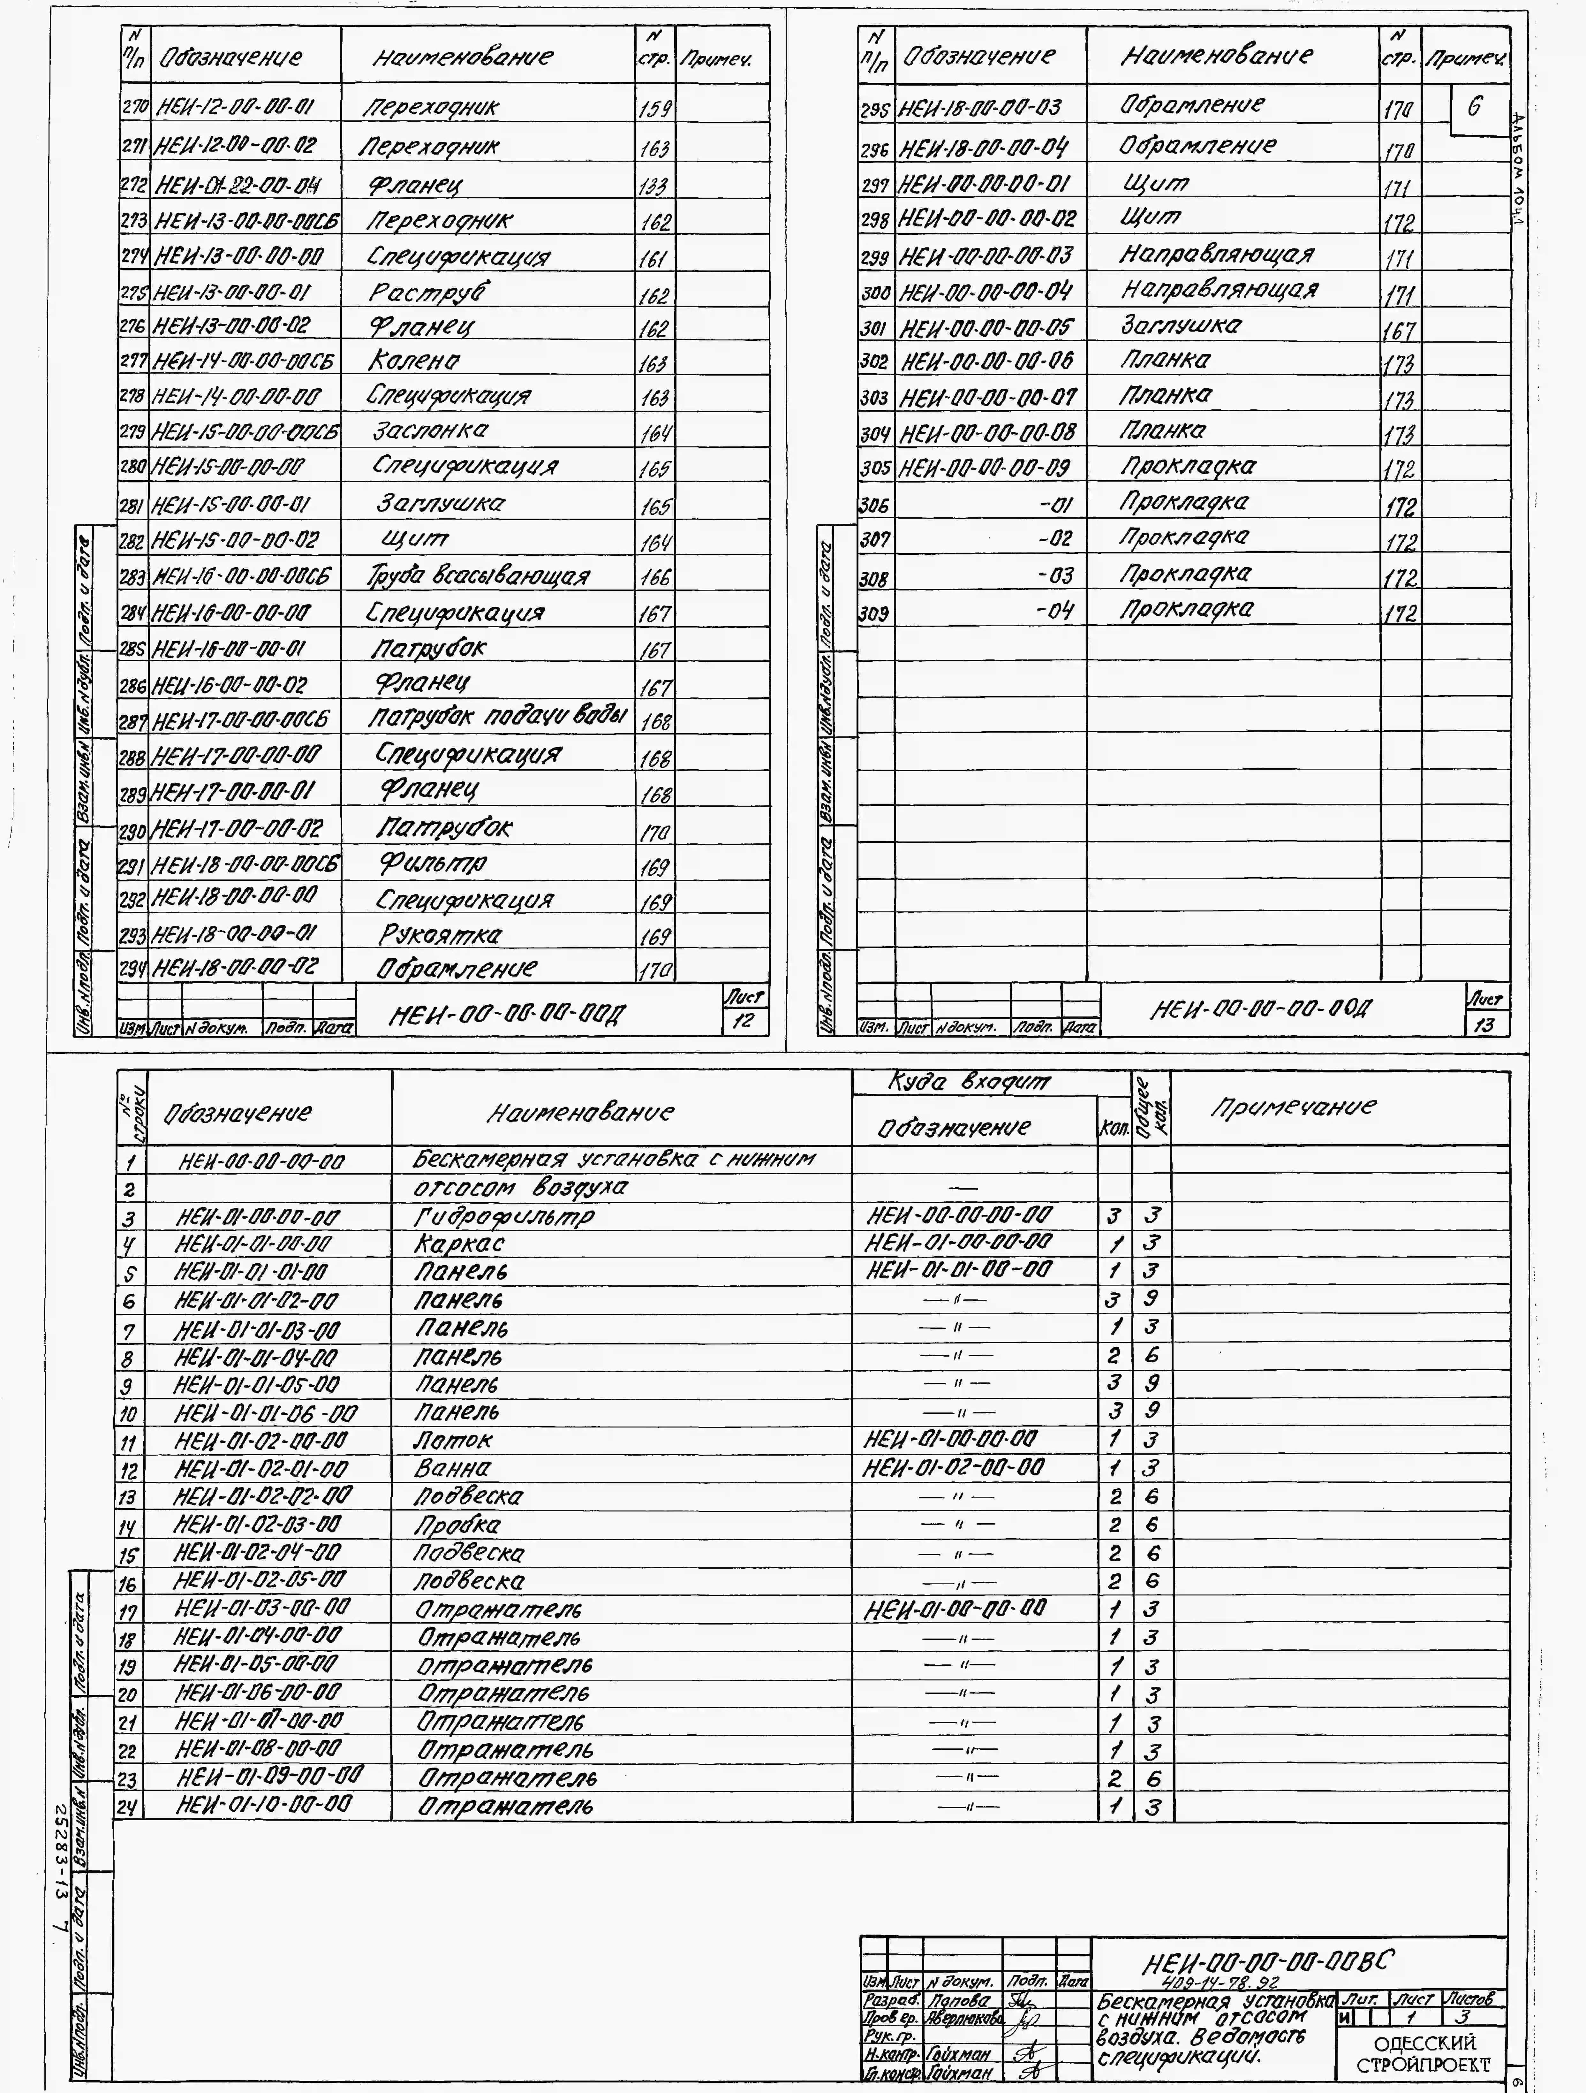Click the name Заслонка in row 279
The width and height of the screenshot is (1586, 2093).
tap(430, 430)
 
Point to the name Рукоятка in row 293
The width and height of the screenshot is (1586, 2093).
tap(441, 935)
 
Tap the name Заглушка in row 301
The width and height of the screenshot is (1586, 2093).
tap(1181, 325)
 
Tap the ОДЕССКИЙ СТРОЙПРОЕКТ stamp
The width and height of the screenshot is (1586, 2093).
tap(1423, 2052)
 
